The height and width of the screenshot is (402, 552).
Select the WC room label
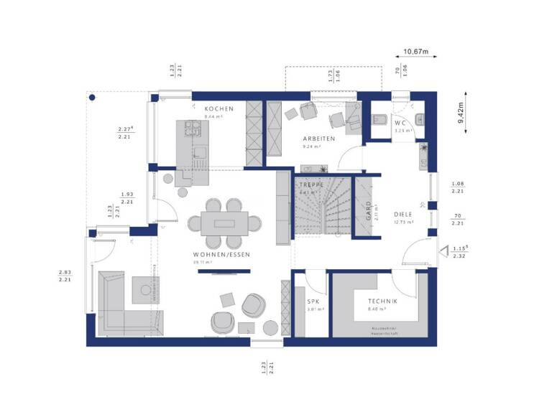pos(400,123)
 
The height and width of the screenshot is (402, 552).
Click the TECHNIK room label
pos(383,301)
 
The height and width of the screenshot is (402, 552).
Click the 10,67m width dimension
pos(415,52)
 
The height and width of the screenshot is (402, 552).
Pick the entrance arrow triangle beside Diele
pos(443,251)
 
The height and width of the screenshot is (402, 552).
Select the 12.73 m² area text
pos(405,223)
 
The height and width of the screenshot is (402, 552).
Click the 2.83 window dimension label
pos(65,272)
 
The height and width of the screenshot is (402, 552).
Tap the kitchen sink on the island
pos(200,151)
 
